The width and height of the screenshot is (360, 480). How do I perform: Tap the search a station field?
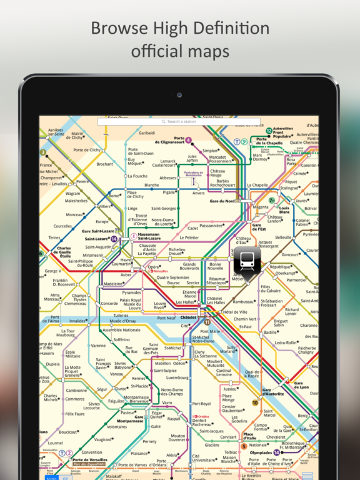(179, 121)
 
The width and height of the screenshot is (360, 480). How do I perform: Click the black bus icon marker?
(247, 261)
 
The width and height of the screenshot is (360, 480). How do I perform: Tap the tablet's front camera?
(179, 95)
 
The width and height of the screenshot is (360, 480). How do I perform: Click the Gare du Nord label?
(222, 201)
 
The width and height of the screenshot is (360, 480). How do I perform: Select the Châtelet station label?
(188, 317)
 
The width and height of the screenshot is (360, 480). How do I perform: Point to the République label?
(281, 267)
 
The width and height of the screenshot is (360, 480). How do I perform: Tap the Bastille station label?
(270, 332)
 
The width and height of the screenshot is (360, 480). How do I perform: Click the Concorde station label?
(109, 304)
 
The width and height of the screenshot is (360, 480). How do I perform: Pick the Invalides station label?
(77, 321)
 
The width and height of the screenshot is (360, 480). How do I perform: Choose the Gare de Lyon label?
(301, 385)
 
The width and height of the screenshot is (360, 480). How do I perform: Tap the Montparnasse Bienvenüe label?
(136, 399)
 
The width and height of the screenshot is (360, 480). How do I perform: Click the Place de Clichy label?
(136, 194)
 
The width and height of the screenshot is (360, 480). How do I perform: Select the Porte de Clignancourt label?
(171, 140)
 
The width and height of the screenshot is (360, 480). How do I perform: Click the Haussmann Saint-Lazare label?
(149, 237)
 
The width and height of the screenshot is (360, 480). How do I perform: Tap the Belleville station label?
(283, 237)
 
